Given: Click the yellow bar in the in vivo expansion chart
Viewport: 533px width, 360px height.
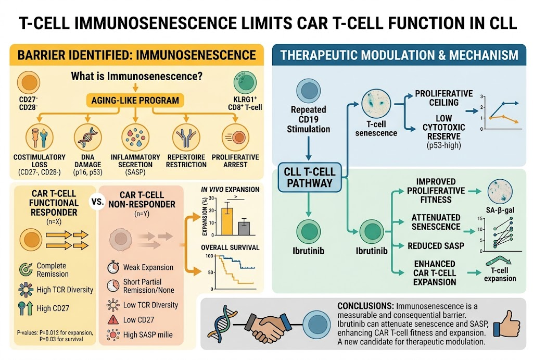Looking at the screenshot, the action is point(227,221).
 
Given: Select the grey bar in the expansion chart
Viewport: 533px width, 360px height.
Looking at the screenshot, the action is point(244,228).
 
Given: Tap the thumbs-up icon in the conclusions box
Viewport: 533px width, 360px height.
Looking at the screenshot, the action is point(507,324).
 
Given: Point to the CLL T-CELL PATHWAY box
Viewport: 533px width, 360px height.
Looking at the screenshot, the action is point(310,177).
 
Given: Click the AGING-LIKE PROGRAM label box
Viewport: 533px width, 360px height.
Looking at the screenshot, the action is point(135,101).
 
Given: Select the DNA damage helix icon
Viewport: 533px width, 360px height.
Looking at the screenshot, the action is point(87,137).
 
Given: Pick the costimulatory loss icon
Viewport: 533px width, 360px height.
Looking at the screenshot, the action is point(40,137).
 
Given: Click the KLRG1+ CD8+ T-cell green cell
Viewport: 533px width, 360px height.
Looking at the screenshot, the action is point(245,82).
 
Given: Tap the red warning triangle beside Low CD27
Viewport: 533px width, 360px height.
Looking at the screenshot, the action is point(113,320).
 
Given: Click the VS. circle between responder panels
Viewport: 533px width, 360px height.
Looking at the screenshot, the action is point(97,201).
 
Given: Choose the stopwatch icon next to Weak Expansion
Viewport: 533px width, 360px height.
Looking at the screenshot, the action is point(113,267).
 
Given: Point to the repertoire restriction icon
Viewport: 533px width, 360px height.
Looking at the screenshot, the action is point(186,137).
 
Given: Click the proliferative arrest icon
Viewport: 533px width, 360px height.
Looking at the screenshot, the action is point(235,137).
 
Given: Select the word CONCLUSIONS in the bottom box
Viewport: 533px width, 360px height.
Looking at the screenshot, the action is point(365,306).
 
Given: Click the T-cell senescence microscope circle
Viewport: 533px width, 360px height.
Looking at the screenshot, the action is point(376,104).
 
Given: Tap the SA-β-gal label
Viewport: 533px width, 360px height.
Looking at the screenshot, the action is point(500,210).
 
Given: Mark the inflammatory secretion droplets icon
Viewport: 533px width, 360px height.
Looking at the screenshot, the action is point(135,137).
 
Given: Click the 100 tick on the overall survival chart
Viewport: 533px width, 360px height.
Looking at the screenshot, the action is point(209,256).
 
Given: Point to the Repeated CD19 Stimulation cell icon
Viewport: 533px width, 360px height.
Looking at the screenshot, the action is point(309,91).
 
